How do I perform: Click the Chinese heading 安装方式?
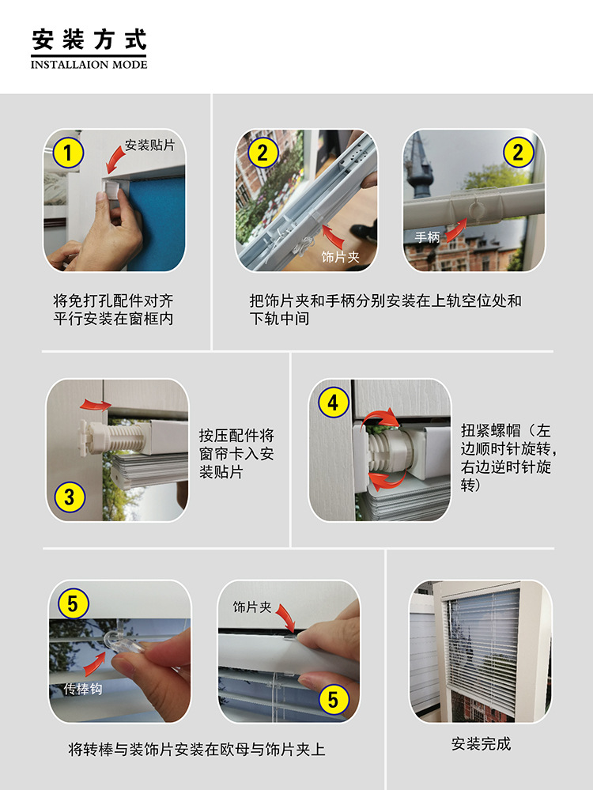(x=89, y=40)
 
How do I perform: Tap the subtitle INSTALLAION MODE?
(x=89, y=65)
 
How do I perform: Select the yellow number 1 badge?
(x=68, y=153)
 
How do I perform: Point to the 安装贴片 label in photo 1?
(x=149, y=145)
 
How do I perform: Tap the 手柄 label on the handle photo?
(x=427, y=236)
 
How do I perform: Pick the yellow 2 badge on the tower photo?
(x=519, y=152)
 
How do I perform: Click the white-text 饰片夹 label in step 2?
(x=341, y=257)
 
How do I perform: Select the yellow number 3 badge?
(x=70, y=497)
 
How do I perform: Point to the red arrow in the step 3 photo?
(x=96, y=404)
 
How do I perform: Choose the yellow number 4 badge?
(x=333, y=403)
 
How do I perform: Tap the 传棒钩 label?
(x=83, y=689)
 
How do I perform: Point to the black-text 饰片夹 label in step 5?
(x=252, y=607)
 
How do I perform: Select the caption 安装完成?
(x=482, y=743)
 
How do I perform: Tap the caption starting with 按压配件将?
(x=236, y=453)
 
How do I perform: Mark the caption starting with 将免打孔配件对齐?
(x=113, y=310)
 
